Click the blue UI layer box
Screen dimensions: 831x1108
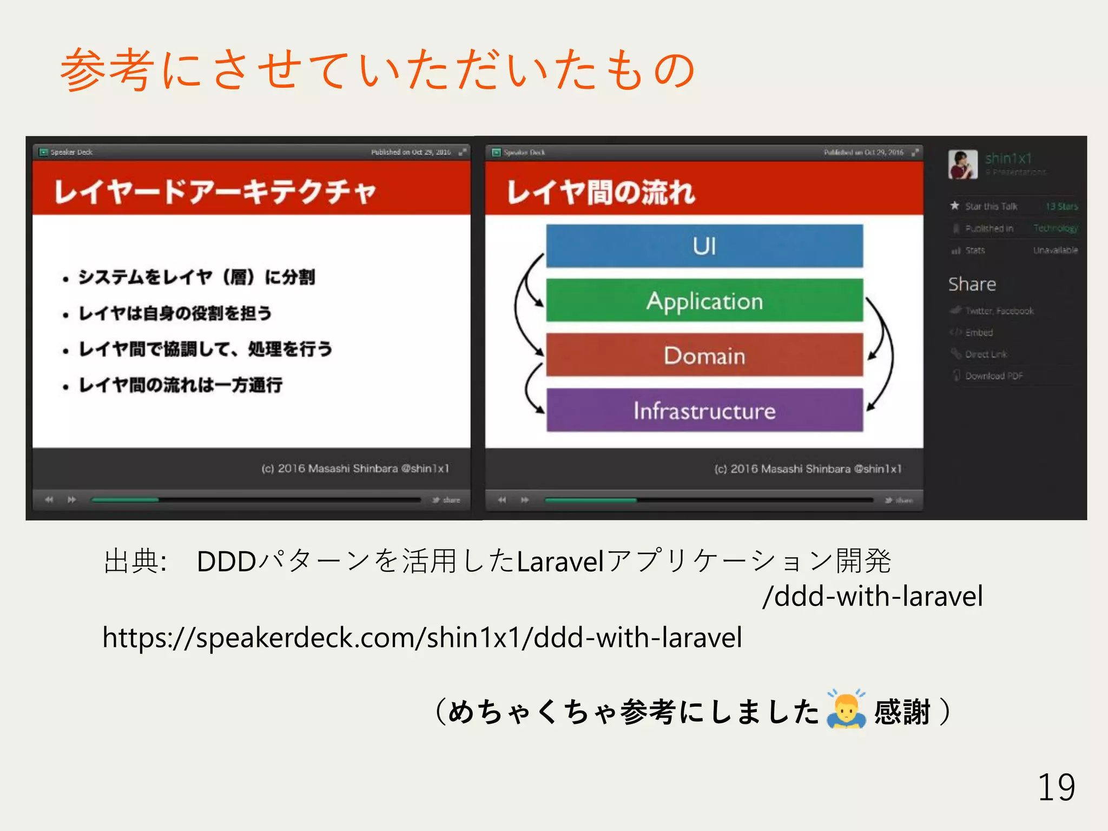click(704, 246)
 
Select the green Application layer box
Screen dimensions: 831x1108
click(704, 301)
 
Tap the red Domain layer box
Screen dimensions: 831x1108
click(704, 355)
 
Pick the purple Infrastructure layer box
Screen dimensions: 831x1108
click(704, 411)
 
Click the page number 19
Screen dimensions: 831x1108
click(1056, 788)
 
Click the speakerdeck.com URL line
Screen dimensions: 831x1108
click(422, 637)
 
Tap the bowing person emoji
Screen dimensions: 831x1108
click(846, 710)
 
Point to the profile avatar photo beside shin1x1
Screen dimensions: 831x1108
click(962, 164)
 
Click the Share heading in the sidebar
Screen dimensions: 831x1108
click(972, 285)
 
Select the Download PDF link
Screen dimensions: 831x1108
click(993, 376)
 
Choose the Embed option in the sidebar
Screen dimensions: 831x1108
click(979, 333)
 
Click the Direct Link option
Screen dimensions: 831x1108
click(985, 354)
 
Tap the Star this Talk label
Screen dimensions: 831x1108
click(991, 207)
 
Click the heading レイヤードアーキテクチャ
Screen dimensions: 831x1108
click(215, 192)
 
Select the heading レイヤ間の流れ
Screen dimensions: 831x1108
click(601, 192)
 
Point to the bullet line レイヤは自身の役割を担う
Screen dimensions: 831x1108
click(175, 313)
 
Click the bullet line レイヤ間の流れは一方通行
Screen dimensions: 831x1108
click(180, 385)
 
